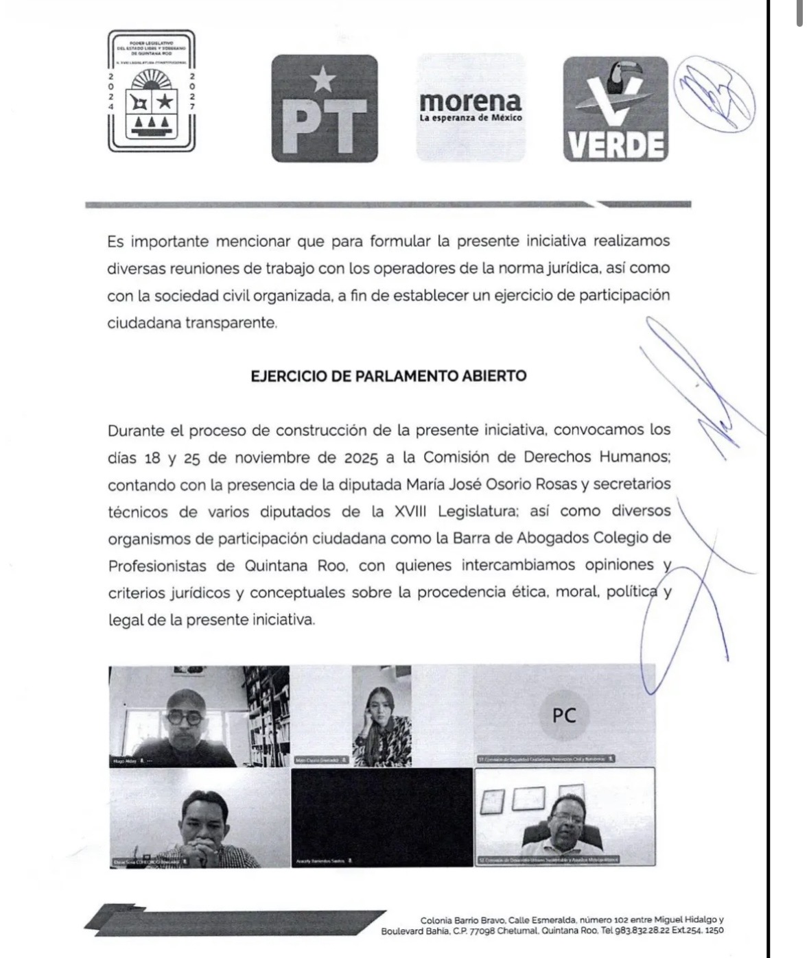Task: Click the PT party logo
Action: click(x=325, y=108)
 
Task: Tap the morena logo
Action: click(x=471, y=108)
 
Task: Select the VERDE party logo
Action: click(x=615, y=108)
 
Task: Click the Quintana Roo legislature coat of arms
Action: click(x=151, y=91)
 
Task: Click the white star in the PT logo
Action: click(x=323, y=81)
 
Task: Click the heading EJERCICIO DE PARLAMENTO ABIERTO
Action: click(x=388, y=376)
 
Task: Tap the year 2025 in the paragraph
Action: click(x=362, y=457)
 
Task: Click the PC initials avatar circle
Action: click(x=563, y=715)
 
